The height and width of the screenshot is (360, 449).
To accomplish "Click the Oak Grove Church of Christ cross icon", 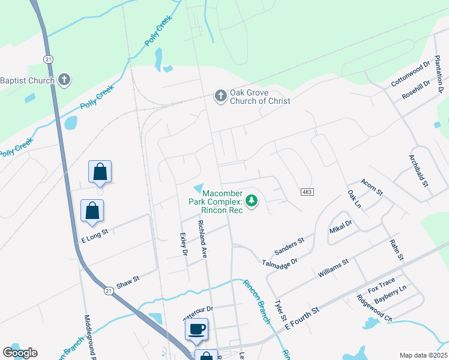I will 220,95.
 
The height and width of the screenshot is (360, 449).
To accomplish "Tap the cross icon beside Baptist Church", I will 64,80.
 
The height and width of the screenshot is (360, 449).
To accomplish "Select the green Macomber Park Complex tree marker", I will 253,200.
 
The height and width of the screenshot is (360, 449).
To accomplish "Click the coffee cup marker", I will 197,329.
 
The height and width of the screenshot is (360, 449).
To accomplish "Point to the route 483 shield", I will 307,190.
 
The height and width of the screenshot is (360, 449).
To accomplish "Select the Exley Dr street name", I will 184,245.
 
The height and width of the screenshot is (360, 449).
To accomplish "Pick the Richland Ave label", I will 203,239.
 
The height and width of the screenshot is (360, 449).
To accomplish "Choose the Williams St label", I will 333,268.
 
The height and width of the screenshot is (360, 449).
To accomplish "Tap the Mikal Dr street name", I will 340,227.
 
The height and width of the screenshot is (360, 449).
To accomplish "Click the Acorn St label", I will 372,187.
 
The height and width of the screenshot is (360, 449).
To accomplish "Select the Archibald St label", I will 419,172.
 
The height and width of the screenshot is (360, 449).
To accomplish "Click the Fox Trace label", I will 381,282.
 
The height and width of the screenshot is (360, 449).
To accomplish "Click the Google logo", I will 20,353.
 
